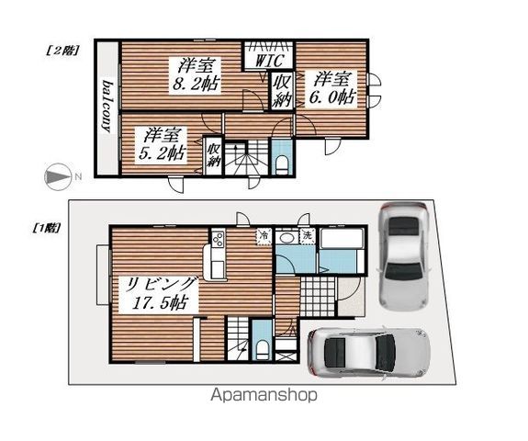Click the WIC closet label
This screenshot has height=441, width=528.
pos(269,61)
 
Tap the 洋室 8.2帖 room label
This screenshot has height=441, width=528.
pos(196,75)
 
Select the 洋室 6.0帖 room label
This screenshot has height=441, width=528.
pos(331,89)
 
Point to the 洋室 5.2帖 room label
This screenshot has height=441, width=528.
pos(161,144)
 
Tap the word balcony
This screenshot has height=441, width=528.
pos(107,107)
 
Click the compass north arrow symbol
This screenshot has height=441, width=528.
pos(58,176)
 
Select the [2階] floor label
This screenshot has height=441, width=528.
pos(62,51)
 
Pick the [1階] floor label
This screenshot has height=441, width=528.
pos(46,229)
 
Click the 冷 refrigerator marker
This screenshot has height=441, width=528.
pos(264,236)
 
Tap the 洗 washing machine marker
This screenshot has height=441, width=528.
pos(308,235)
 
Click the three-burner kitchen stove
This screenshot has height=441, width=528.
pos(219,239)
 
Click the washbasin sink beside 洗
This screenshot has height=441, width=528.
pos(286,237)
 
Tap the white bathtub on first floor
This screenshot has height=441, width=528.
pos(342,239)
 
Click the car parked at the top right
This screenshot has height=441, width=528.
pos(403,255)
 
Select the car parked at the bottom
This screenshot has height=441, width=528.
pos(369,353)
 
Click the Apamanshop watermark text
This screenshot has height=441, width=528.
pos(264,395)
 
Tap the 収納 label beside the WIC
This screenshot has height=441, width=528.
pos(281,90)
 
